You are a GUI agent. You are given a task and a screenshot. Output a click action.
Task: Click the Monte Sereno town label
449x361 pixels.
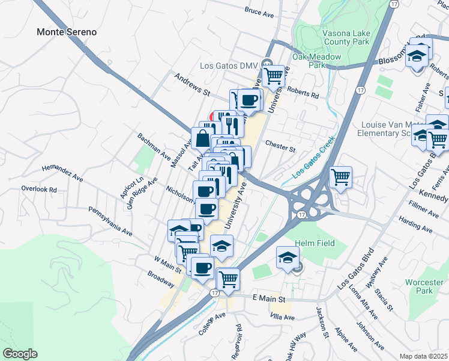point(67,32)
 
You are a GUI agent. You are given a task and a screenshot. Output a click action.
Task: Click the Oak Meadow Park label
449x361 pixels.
point(316,61)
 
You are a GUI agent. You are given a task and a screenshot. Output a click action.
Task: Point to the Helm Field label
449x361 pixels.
point(315,243)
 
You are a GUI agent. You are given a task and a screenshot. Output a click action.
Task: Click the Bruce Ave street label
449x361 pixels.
point(259,10)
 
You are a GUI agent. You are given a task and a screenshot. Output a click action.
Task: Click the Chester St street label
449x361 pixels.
point(281,147)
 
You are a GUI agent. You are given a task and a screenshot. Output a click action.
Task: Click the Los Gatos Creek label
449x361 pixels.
point(313,162)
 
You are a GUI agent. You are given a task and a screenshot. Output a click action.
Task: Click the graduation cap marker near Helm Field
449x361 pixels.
point(288,258)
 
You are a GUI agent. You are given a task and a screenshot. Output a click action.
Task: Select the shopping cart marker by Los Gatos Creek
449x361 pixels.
point(340,177)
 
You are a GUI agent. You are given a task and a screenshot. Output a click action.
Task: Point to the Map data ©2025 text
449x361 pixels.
point(423,356)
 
